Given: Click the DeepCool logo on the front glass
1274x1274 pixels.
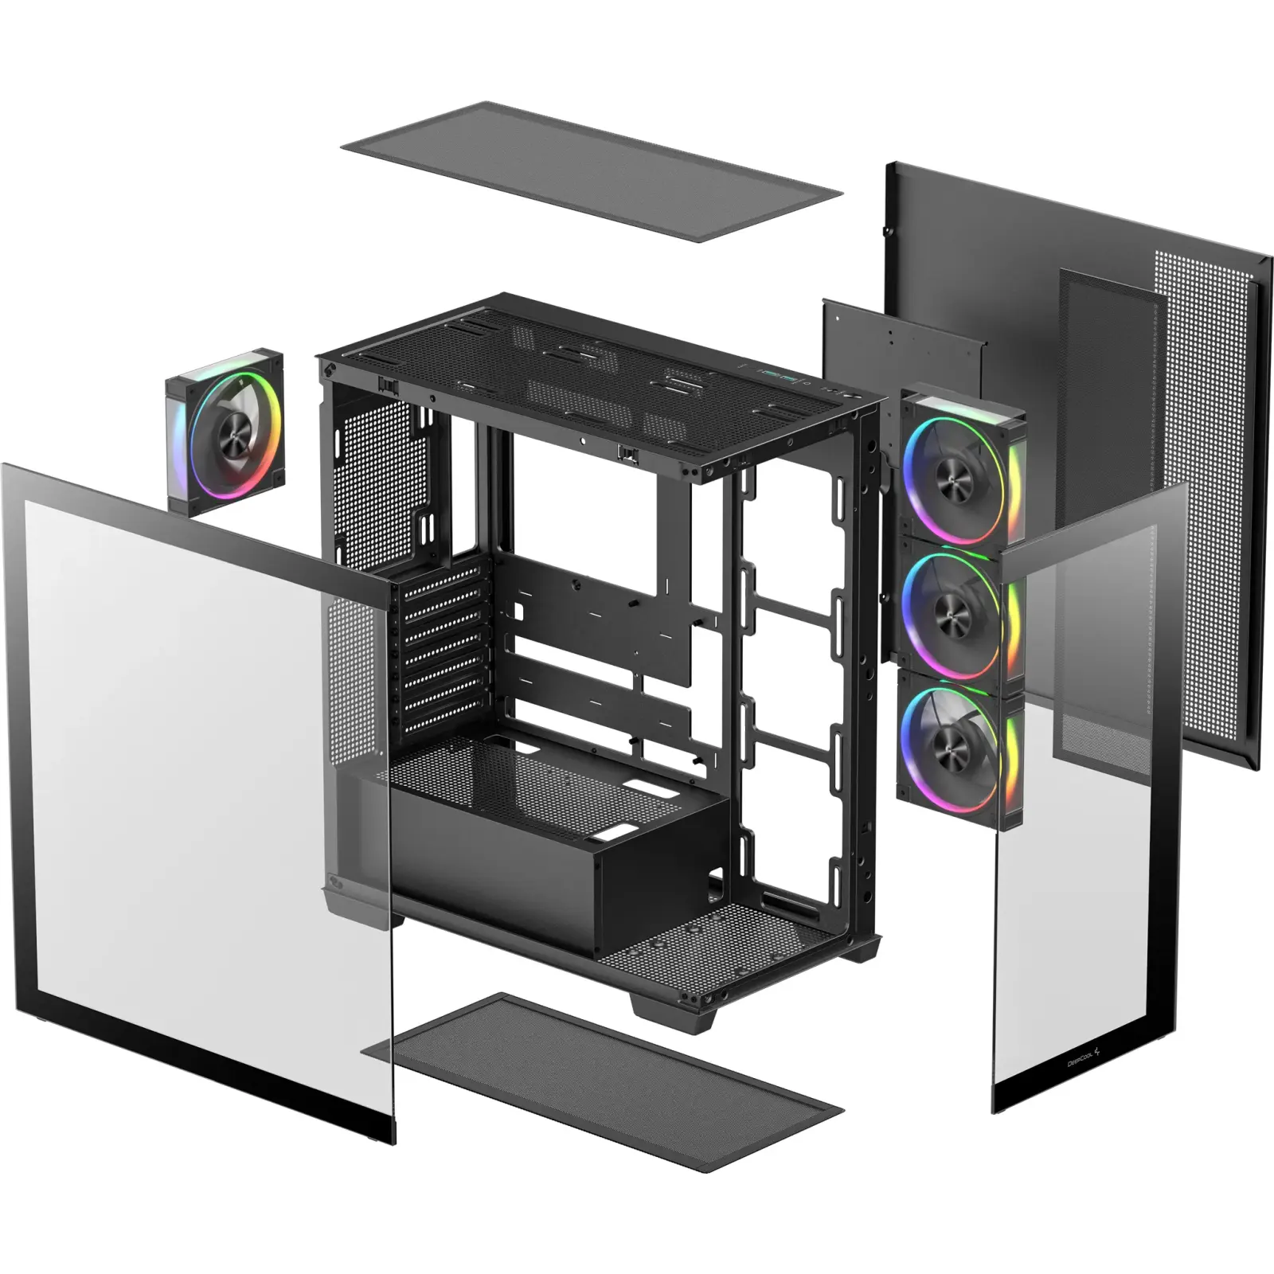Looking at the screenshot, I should [1083, 1058].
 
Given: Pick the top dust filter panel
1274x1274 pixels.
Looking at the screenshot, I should [591, 170].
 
